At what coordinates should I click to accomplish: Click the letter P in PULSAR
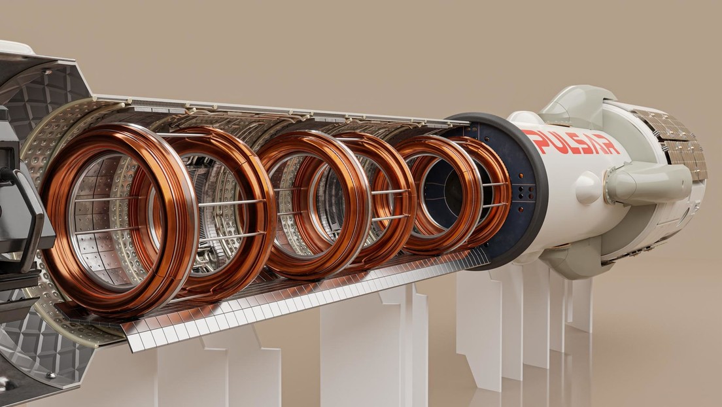pyautogui.click(x=532, y=138)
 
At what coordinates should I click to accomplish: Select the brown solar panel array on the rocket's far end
pyautogui.click(x=680, y=144)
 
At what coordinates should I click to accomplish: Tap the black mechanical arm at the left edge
pyautogui.click(x=26, y=216)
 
